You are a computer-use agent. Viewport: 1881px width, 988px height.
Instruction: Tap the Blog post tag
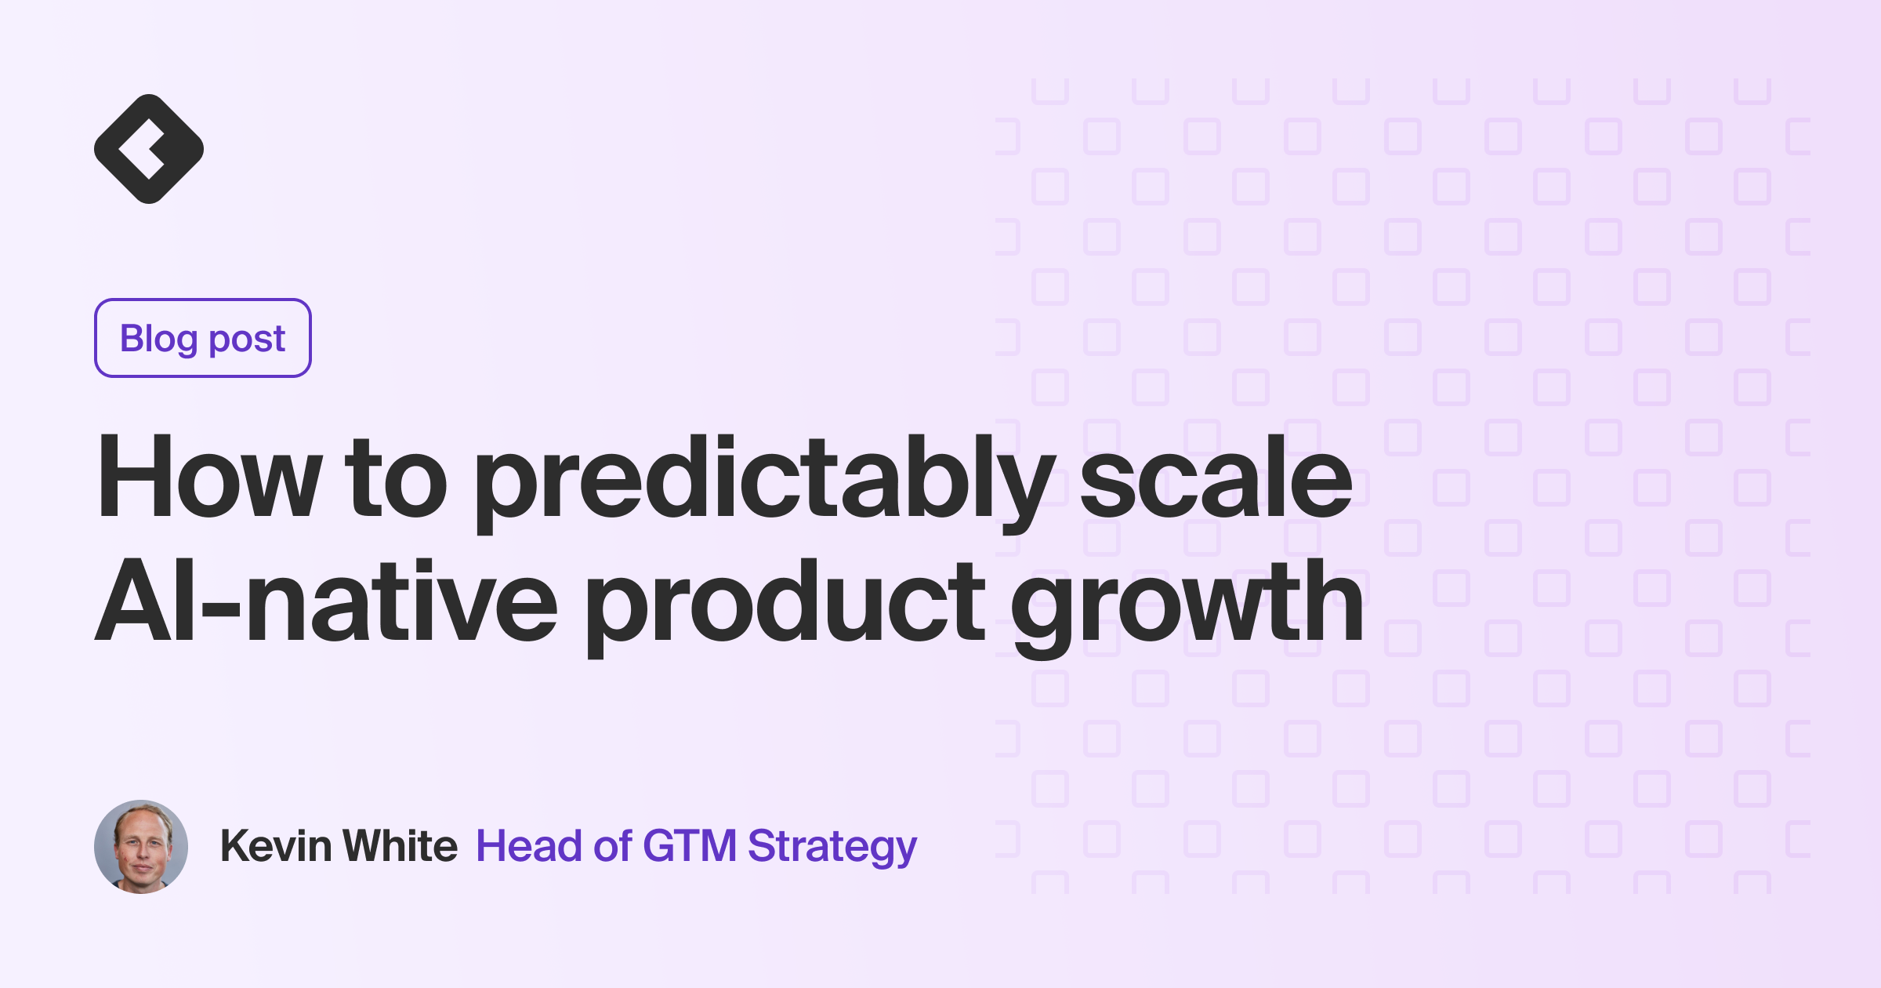pyautogui.click(x=203, y=338)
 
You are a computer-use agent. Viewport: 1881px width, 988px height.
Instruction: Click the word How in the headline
pyautogui.click(x=208, y=478)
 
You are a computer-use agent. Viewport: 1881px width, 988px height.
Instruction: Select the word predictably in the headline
pyautogui.click(x=764, y=480)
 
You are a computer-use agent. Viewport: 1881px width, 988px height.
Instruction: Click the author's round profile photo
pyautogui.click(x=141, y=847)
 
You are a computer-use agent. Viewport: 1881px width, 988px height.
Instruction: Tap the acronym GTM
pyautogui.click(x=690, y=846)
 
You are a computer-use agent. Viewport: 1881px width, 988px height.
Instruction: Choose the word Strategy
pyautogui.click(x=832, y=848)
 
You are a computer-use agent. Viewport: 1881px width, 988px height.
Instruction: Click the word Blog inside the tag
pyautogui.click(x=158, y=339)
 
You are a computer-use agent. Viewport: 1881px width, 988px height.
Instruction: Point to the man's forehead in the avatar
pyautogui.click(x=141, y=822)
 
